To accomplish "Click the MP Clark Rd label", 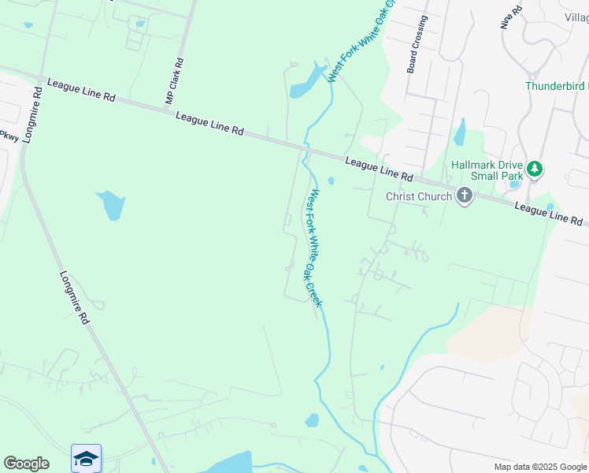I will pos(174,81).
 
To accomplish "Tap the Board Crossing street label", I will pos(417,45).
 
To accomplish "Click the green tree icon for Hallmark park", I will pos(535,169).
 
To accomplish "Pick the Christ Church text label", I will pos(419,197).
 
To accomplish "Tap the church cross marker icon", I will pos(465,196).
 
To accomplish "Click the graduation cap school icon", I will pos(86,458).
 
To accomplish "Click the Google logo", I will pos(26,464).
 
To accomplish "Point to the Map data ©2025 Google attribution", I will pos(540,467).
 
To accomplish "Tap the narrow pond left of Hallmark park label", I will pos(459,132).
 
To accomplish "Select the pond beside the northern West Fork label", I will pos(307,83).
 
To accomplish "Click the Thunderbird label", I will pos(556,86).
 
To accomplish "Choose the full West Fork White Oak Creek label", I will pos(314,248).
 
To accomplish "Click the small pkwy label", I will pos(8,136).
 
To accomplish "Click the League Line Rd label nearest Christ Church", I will pos(379,169).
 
